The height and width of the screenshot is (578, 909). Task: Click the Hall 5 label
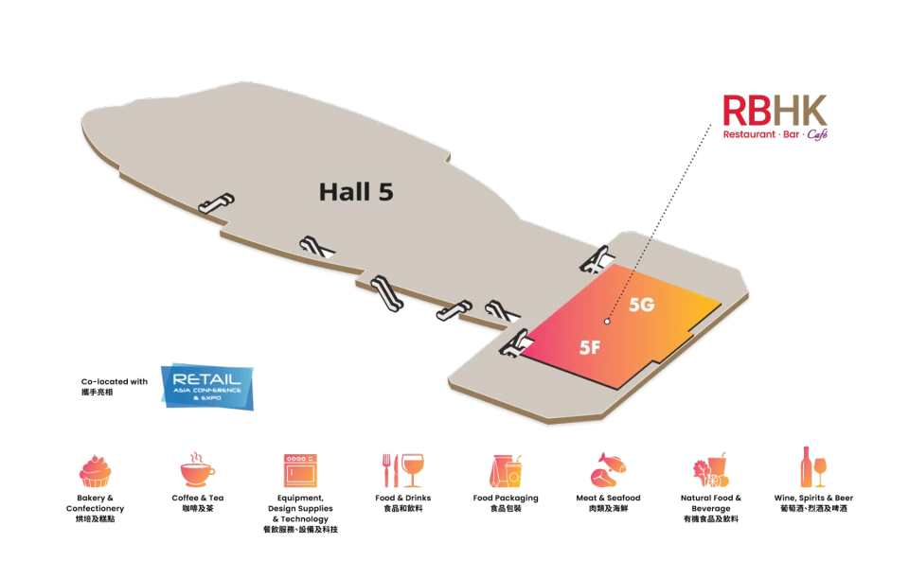[x=356, y=192]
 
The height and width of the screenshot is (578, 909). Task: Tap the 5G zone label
[x=642, y=305]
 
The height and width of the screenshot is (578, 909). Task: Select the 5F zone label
[x=590, y=347]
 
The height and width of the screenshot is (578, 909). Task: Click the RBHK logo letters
[x=775, y=111]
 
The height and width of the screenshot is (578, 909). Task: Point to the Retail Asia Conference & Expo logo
[x=207, y=387]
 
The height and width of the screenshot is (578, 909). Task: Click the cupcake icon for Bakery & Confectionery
[x=95, y=471]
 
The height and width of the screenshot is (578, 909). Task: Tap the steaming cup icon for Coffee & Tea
[x=197, y=470]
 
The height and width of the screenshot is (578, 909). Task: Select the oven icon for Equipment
[x=300, y=470]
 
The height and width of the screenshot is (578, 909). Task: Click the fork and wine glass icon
[x=403, y=470]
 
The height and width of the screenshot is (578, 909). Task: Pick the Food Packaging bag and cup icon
[x=506, y=470]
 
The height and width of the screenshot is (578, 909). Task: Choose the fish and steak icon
[x=608, y=470]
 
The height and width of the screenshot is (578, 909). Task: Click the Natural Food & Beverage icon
[x=711, y=470]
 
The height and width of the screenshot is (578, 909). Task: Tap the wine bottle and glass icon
[x=813, y=466]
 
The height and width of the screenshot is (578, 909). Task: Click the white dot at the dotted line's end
[x=607, y=322]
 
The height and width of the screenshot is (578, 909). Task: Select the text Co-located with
[x=115, y=381]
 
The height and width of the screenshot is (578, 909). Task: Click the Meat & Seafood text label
[x=608, y=499]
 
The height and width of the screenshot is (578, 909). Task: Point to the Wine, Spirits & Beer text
[x=813, y=499]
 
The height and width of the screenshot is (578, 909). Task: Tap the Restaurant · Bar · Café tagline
[x=775, y=134]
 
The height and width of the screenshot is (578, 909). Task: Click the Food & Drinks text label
[x=403, y=499]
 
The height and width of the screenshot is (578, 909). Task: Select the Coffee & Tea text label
[x=198, y=499]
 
